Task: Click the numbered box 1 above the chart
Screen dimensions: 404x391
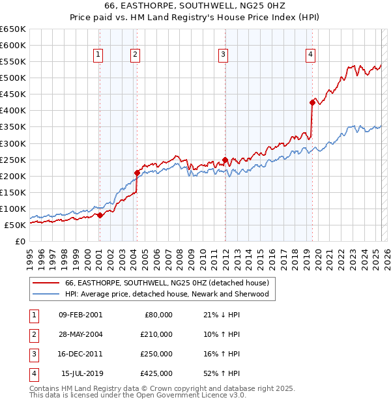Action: pyautogui.click(x=98, y=55)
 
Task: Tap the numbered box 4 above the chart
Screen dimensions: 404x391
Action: pyautogui.click(x=310, y=55)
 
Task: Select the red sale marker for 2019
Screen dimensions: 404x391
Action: pyautogui.click(x=312, y=102)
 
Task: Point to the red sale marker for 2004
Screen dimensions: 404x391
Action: pyautogui.click(x=137, y=173)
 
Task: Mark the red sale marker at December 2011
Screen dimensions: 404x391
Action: pyautogui.click(x=225, y=159)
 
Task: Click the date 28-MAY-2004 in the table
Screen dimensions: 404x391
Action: pyautogui.click(x=80, y=334)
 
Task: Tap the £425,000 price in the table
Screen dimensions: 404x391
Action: pyautogui.click(x=157, y=373)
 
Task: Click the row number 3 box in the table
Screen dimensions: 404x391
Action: pyautogui.click(x=33, y=354)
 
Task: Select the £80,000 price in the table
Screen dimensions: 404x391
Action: pyautogui.click(x=159, y=315)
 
